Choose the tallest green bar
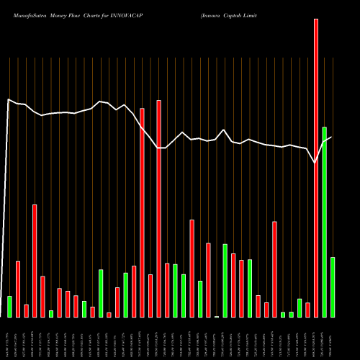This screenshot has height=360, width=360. tap(325, 222)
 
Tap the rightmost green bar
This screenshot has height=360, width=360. tap(333, 287)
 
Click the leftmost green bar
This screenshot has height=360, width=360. tap(9, 306)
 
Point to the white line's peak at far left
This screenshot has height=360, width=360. tap(8, 100)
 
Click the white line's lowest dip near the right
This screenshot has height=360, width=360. tap(315, 163)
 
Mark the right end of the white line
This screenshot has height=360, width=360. tap(331, 137)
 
